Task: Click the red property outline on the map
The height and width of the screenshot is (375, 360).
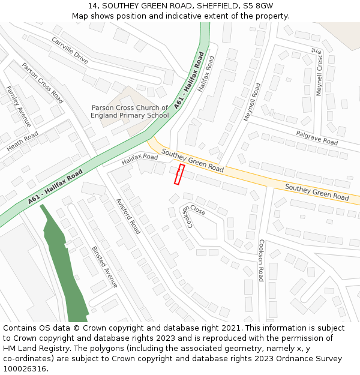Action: click(x=179, y=174)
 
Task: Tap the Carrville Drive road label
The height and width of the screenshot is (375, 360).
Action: click(x=70, y=50)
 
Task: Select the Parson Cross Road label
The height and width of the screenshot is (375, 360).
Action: click(x=42, y=83)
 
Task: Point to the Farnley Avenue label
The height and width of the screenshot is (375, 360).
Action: click(x=19, y=106)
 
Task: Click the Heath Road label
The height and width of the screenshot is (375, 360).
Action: click(x=22, y=141)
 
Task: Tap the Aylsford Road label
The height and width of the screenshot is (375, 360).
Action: click(x=127, y=216)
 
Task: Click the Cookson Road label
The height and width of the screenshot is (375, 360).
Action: click(x=261, y=260)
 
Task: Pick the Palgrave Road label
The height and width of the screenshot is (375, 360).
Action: click(x=317, y=137)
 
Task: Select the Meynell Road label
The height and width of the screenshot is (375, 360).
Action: click(x=252, y=102)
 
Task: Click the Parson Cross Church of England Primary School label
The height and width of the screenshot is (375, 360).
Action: click(x=130, y=112)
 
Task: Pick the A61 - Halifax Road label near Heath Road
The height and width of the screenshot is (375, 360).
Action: click(x=55, y=187)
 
